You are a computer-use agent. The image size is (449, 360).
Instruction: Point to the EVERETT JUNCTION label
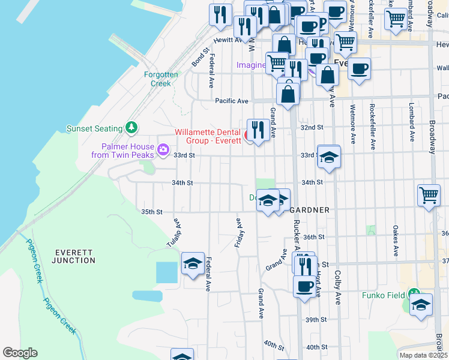[73, 256]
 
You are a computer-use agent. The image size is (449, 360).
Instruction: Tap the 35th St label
[152, 212]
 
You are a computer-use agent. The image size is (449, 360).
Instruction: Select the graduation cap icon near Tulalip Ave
[193, 263]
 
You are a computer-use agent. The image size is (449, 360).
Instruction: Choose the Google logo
[20, 353]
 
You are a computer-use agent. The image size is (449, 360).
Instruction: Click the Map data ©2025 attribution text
[424, 355]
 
